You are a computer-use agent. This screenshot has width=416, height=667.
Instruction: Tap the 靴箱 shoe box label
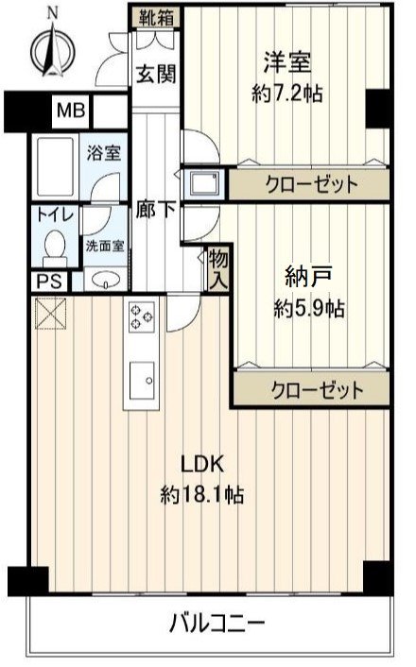click(156, 17)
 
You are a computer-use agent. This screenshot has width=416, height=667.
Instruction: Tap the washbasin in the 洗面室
click(105, 281)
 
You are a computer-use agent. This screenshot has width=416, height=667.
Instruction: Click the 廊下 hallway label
click(155, 210)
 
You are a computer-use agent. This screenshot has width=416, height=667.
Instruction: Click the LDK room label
click(200, 465)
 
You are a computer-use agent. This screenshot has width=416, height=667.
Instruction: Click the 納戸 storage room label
click(307, 277)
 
